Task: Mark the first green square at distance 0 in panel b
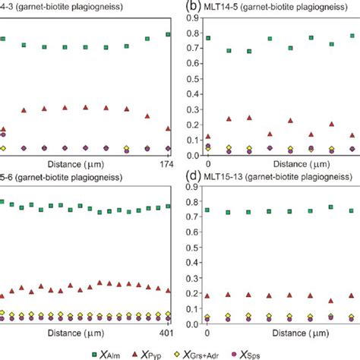(208, 38)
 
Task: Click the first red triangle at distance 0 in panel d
(208, 295)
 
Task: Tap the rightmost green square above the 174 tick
(168, 35)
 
